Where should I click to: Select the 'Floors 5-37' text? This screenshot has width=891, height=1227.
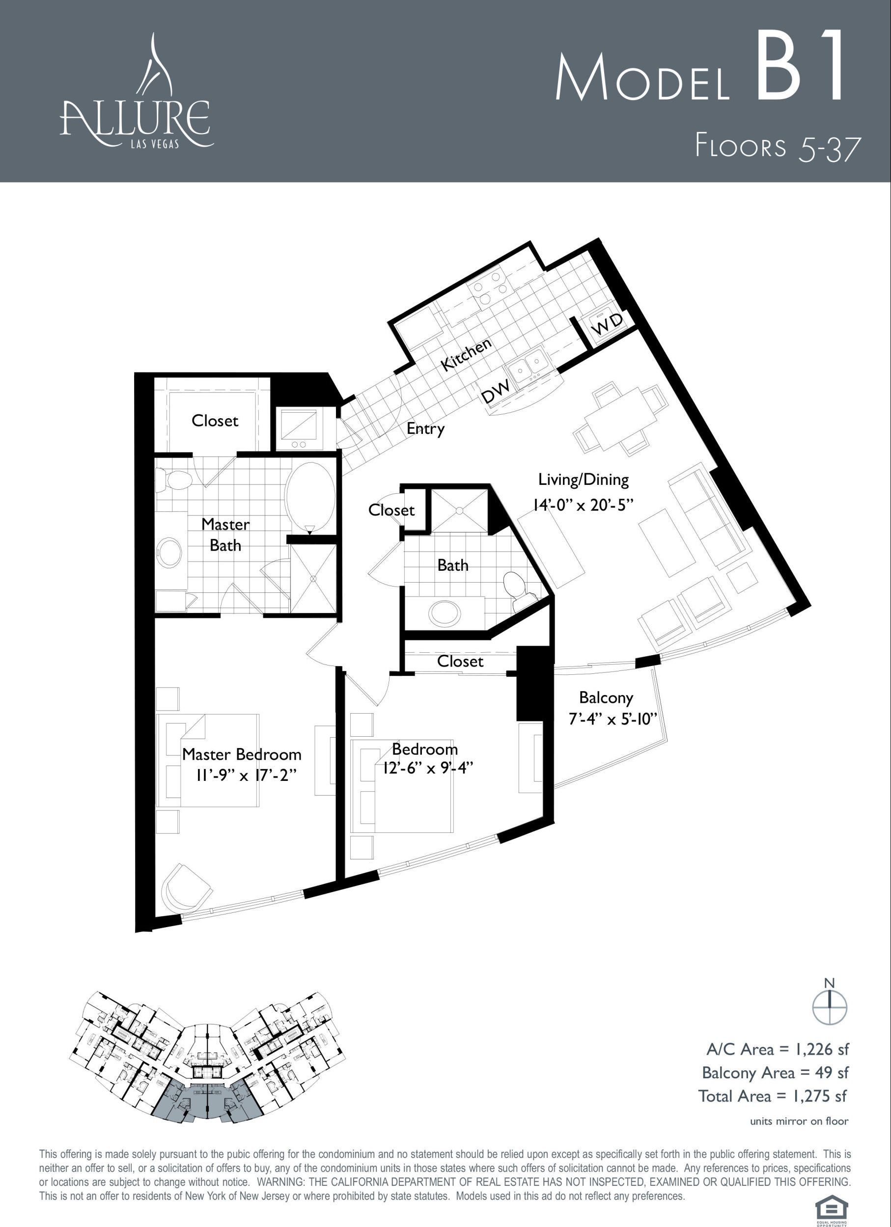[778, 147]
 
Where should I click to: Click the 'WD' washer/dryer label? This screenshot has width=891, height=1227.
[608, 323]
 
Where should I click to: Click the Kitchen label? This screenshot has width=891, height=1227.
[466, 354]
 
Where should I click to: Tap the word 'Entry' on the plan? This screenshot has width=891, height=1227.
[425, 429]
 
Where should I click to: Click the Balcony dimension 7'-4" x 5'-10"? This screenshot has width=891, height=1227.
[613, 720]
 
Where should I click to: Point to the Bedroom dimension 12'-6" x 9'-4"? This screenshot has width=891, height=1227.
[428, 768]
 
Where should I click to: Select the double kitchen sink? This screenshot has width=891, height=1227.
[529, 366]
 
